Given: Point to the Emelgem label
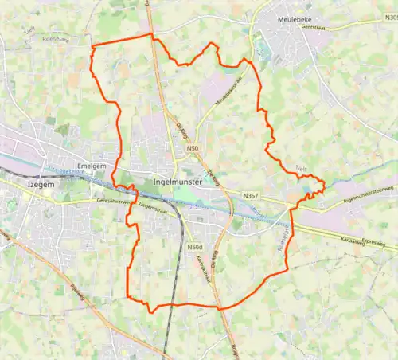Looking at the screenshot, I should click(93, 166).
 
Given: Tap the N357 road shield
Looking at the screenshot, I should click(252, 195).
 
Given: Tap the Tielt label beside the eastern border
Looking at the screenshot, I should click(300, 169).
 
